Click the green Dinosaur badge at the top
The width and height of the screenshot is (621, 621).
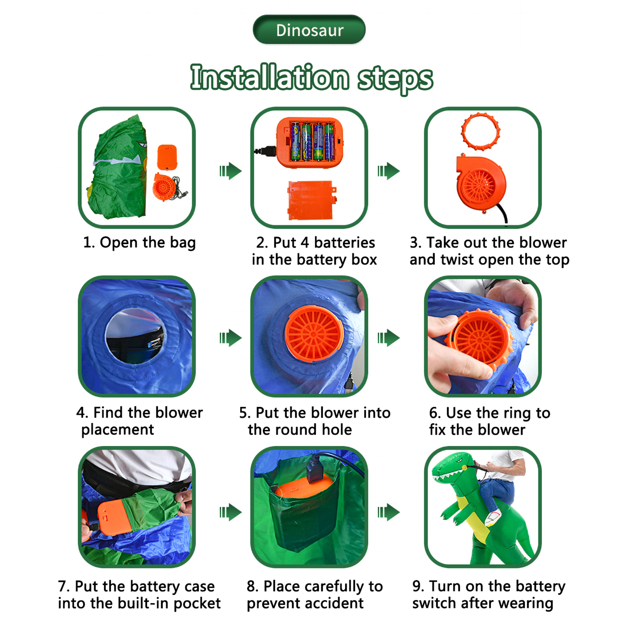(x=309, y=29)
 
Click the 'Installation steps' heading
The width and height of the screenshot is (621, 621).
(x=311, y=78)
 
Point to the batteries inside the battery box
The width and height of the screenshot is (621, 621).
(x=312, y=142)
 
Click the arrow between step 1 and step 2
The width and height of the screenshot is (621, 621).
(x=231, y=171)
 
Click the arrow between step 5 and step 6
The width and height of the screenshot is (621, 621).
(x=389, y=338)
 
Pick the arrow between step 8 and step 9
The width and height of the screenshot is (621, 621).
(x=389, y=512)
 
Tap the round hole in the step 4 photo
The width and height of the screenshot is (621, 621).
(x=135, y=336)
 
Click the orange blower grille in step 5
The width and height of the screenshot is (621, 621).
(x=314, y=333)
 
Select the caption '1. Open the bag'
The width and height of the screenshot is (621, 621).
(x=139, y=243)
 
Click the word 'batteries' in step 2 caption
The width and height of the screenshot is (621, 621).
(x=345, y=243)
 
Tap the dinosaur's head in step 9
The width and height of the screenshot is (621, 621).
(x=453, y=468)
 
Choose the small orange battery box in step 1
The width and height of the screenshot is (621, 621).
(x=167, y=157)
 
